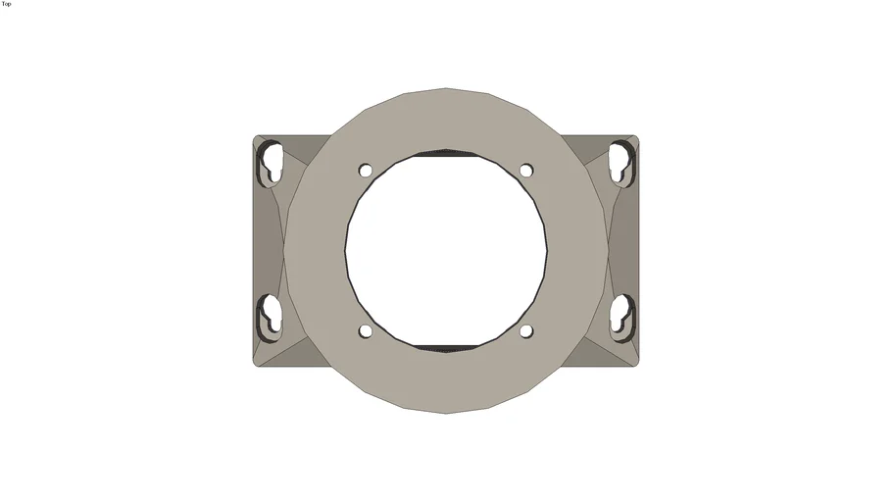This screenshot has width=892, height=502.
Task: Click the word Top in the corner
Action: pos(6,4)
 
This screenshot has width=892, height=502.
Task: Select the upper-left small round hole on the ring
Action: pos(366,171)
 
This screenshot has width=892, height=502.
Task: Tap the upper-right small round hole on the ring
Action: pos(526,171)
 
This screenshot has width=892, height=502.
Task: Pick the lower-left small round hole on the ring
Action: pos(366,330)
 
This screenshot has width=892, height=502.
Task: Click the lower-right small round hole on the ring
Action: pos(526,330)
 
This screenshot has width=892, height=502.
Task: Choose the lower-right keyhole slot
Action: pos(622,316)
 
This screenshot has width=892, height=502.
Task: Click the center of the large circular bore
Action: pos(446,250)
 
